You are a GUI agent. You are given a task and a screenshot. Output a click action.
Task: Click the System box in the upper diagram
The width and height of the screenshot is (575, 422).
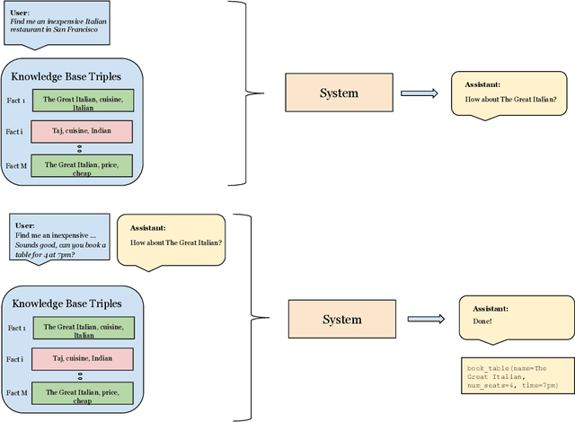339,92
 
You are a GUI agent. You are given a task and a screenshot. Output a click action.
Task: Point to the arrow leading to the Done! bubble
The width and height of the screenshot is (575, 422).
427,318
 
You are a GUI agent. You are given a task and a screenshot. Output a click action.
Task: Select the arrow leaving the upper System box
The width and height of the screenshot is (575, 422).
420,92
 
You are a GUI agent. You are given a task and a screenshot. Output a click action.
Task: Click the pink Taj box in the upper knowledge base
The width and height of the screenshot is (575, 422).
82,131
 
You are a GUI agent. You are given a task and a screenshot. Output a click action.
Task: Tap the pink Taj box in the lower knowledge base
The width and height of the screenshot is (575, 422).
82,359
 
